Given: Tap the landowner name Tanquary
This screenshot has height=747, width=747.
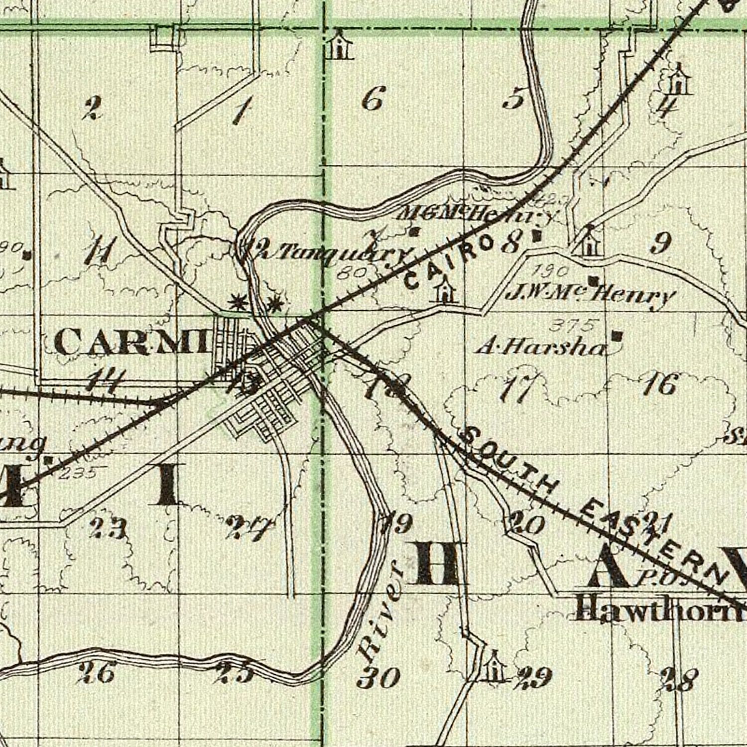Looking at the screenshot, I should (x=339, y=254).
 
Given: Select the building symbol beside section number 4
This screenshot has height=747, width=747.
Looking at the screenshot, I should (x=677, y=80).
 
